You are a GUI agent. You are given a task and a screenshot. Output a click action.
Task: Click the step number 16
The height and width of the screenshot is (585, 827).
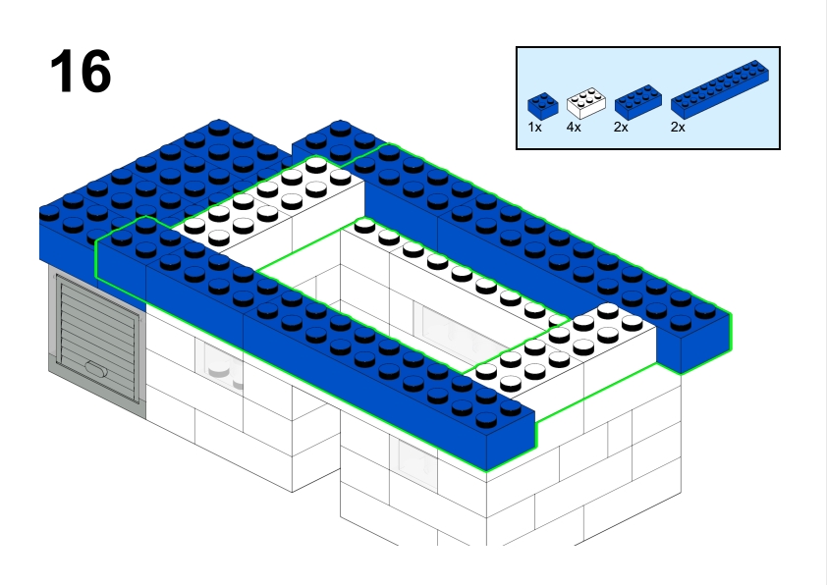tap(80, 73)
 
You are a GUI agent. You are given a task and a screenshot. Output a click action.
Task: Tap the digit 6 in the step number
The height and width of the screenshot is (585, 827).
tap(95, 73)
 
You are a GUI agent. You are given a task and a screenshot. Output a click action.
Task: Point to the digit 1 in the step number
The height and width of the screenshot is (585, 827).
tap(62, 73)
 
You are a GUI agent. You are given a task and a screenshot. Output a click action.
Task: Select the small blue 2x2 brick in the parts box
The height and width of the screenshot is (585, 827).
tap(542, 105)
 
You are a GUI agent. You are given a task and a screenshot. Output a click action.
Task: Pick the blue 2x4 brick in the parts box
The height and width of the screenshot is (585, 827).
tap(637, 102)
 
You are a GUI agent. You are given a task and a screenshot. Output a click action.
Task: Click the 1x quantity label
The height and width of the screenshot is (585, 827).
tap(534, 128)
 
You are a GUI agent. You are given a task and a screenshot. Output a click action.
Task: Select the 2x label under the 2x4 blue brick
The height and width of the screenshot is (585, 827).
tap(622, 128)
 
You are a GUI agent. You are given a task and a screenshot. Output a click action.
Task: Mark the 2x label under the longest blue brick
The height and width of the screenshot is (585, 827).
tap(678, 128)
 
